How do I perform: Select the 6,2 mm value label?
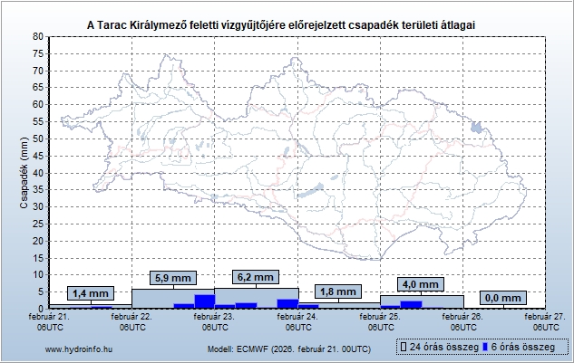pyautogui.click(x=254, y=277)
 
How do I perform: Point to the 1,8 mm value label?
pyautogui.click(x=337, y=291)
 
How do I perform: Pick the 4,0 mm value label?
pyautogui.click(x=421, y=284)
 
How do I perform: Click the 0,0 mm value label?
pyautogui.click(x=503, y=298)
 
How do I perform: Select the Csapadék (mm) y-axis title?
pyautogui.click(x=24, y=172)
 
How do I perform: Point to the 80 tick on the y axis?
pyautogui.click(x=38, y=36)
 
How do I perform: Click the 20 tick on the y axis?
pyautogui.click(x=38, y=240)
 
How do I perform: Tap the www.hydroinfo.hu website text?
pyautogui.click(x=77, y=349)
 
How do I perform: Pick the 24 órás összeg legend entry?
pyautogui.click(x=438, y=348)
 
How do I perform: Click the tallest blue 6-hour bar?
pyautogui.click(x=204, y=301)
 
